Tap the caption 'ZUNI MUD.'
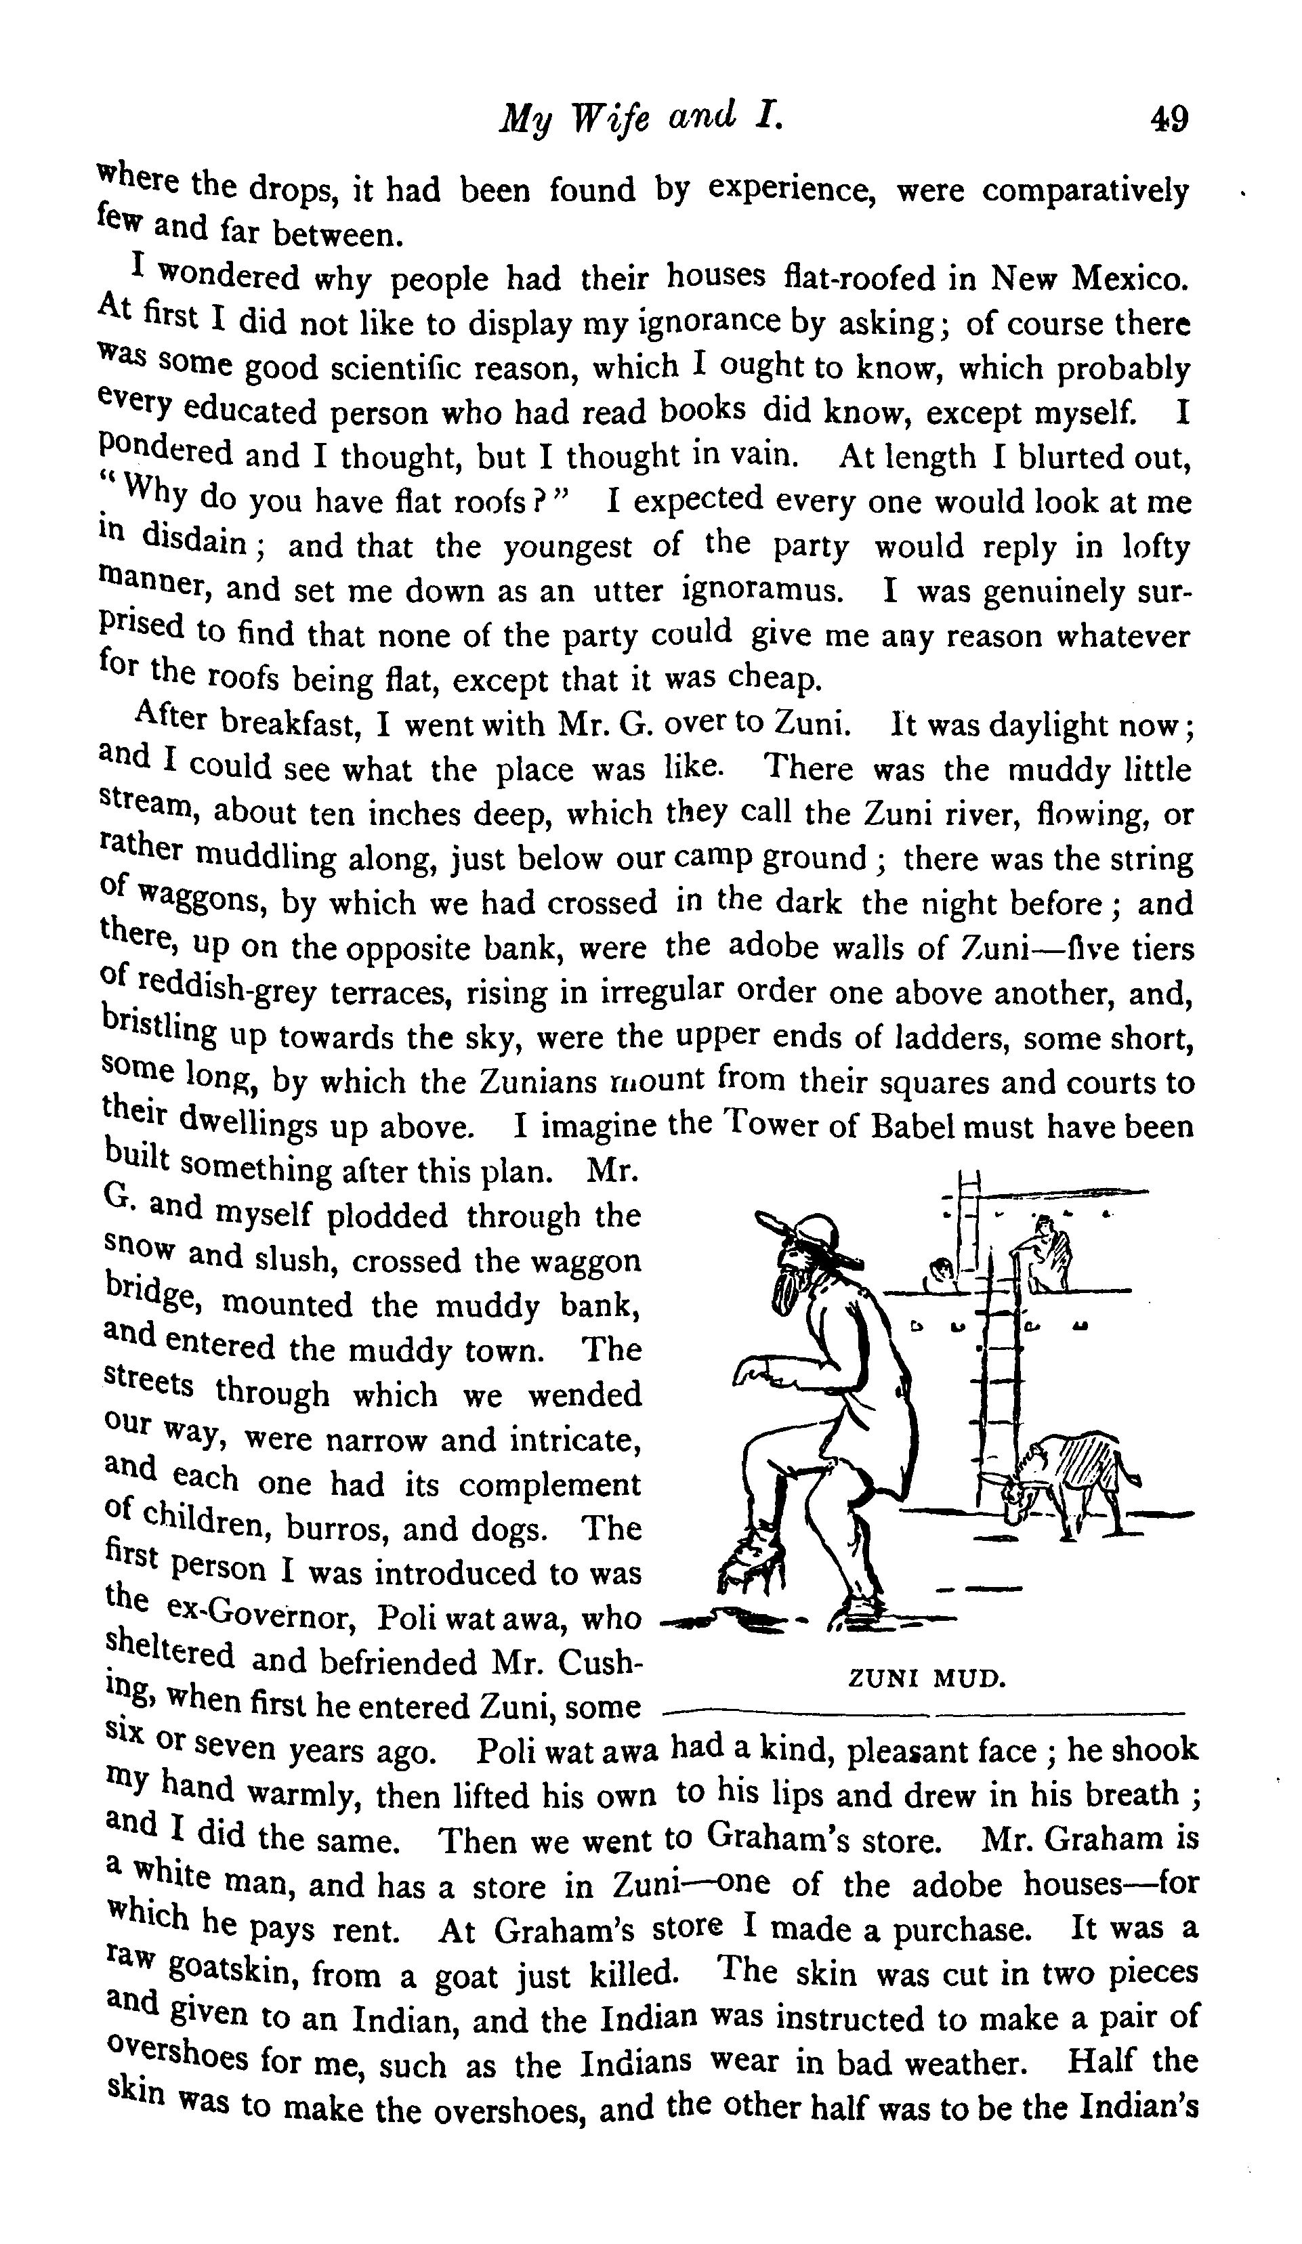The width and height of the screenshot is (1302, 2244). [x=926, y=1679]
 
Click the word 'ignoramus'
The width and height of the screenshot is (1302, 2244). [x=761, y=591]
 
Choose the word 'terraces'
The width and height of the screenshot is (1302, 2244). [x=390, y=992]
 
